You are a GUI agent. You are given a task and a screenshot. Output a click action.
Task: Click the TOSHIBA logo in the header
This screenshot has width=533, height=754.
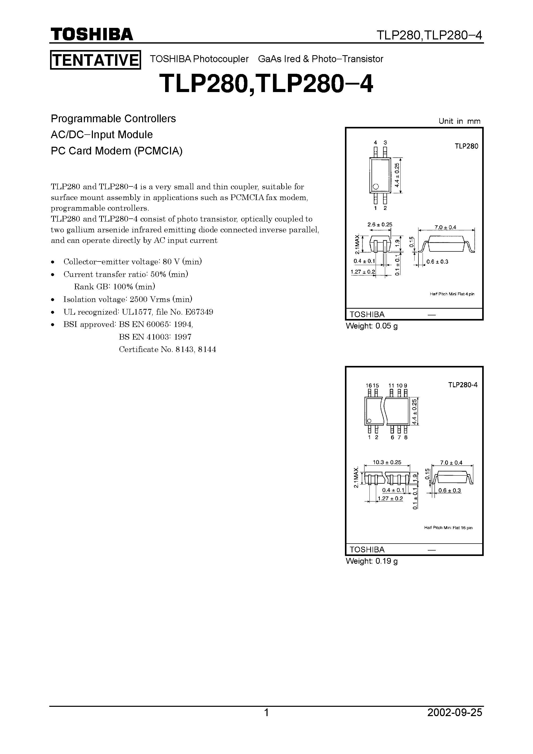point(92,34)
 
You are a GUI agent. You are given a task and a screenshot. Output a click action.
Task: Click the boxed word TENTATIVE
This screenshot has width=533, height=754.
point(95,60)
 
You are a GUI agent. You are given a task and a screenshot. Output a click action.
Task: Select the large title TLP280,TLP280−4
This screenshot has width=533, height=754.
point(266,84)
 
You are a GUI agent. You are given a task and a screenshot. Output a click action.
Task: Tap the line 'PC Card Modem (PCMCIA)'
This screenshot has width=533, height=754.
point(116,151)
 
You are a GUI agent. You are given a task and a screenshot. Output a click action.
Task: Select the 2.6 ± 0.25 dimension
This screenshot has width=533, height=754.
point(379,225)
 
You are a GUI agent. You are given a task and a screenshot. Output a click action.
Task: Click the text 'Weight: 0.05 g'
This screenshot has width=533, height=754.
point(372,326)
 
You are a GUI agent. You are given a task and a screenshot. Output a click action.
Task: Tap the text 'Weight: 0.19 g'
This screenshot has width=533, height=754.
point(372,561)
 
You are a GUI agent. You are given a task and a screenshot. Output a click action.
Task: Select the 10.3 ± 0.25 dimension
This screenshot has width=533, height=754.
point(387,462)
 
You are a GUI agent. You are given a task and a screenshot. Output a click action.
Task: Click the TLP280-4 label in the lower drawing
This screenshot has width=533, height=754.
point(463,385)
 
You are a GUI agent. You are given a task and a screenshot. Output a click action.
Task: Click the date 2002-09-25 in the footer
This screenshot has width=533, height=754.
point(455,722)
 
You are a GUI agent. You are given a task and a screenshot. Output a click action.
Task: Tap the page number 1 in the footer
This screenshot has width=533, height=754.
point(266,722)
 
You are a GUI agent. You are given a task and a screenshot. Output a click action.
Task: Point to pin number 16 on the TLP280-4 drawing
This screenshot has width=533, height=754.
point(369,386)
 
